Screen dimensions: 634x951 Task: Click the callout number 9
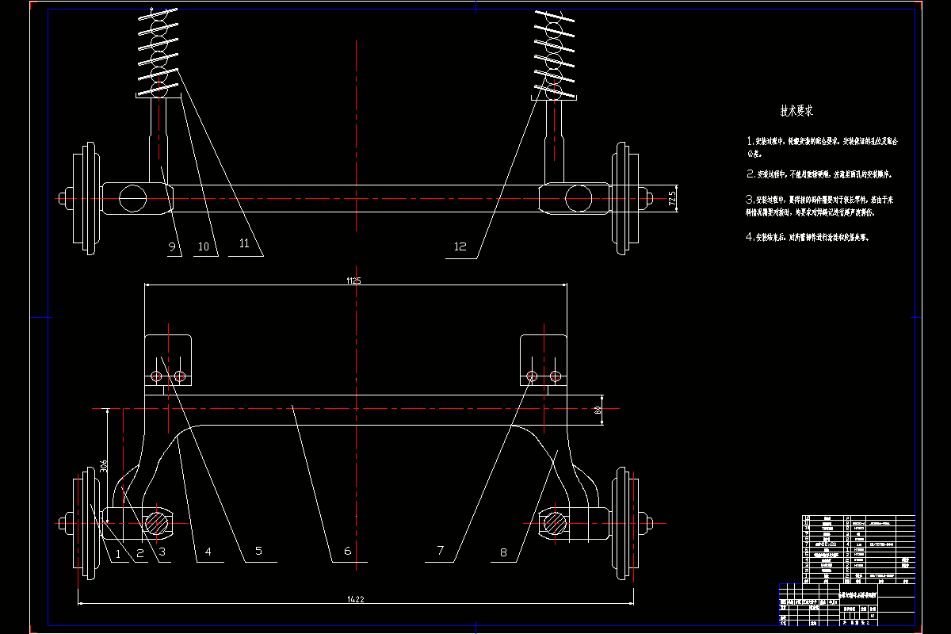(172, 246)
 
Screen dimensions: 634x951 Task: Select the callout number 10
(203, 246)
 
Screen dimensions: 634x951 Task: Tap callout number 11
(244, 244)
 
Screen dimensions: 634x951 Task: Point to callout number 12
(460, 246)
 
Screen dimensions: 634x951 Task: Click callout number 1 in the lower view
(118, 553)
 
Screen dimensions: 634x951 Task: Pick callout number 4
(208, 552)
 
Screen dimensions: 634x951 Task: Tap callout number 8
(503, 552)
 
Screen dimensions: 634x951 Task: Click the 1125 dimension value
(355, 281)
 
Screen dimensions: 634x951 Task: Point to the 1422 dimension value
(357, 598)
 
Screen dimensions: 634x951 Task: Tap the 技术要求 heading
(796, 112)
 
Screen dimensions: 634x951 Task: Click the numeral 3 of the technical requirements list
(749, 199)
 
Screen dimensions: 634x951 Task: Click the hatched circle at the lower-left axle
(158, 522)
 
